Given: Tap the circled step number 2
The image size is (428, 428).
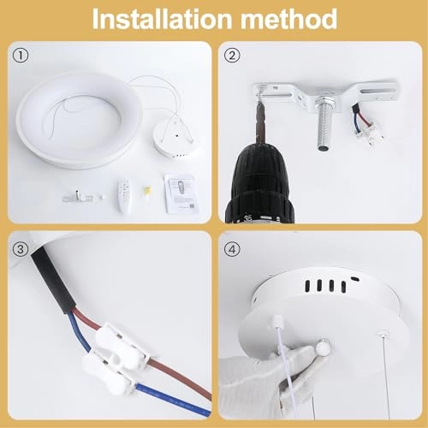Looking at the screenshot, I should pyautogui.click(x=232, y=56).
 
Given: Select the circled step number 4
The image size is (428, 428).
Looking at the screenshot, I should pyautogui.click(x=232, y=249).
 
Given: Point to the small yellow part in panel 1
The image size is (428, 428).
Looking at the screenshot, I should pyautogui.click(x=147, y=192).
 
